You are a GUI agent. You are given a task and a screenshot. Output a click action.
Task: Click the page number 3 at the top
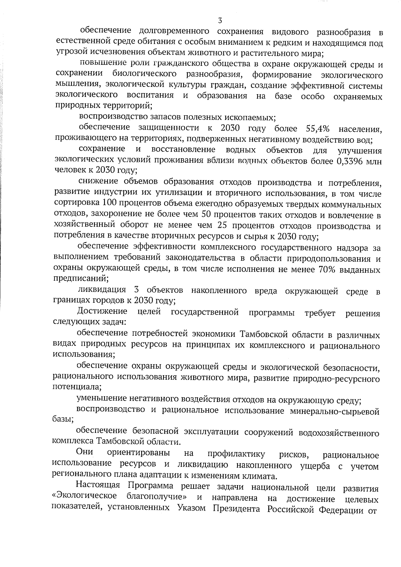click(220, 20)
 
